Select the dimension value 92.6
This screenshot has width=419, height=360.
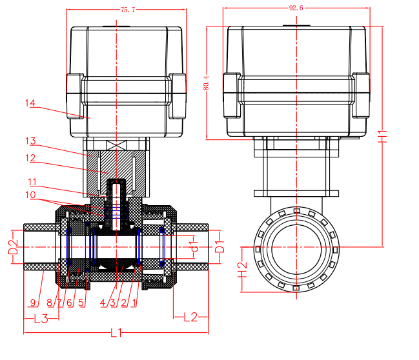[296, 8]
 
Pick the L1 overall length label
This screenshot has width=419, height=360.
[116, 333]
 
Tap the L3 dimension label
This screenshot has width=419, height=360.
[41, 317]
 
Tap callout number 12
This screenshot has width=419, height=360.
[30, 158]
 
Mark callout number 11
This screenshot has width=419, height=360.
[32, 181]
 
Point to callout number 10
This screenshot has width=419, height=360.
[32, 195]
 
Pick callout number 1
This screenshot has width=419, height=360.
[134, 302]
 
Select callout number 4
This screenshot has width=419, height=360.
[103, 302]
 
